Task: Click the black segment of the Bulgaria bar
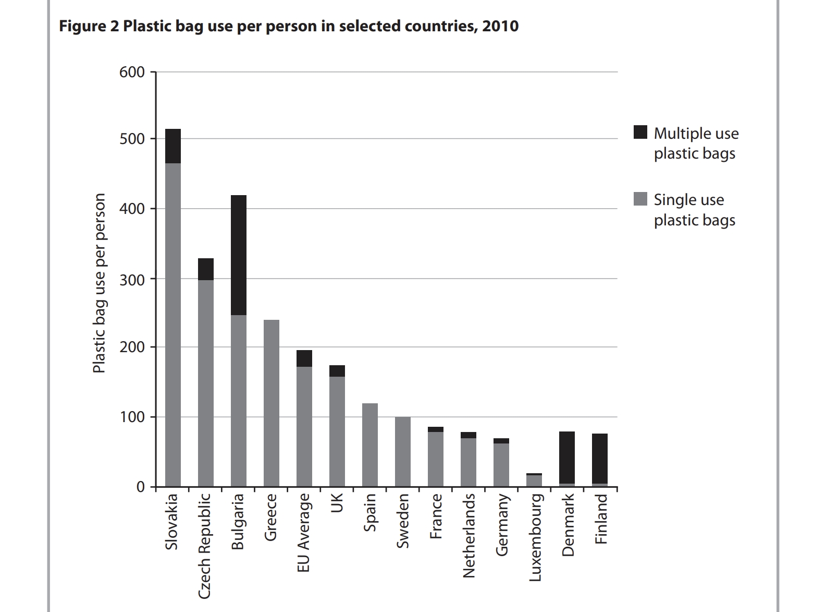click(239, 255)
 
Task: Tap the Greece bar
click(272, 403)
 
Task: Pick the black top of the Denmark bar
click(567, 458)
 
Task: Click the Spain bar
click(370, 445)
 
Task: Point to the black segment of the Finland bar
click(600, 459)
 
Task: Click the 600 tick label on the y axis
click(132, 72)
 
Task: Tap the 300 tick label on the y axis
click(132, 279)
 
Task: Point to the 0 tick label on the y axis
click(140, 487)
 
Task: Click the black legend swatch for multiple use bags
click(640, 133)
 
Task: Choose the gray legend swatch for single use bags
click(640, 199)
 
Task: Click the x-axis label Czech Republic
click(205, 546)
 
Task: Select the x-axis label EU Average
click(304, 532)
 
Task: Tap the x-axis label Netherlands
click(469, 535)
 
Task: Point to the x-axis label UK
click(337, 503)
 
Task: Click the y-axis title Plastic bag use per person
click(99, 283)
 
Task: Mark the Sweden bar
click(403, 452)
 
